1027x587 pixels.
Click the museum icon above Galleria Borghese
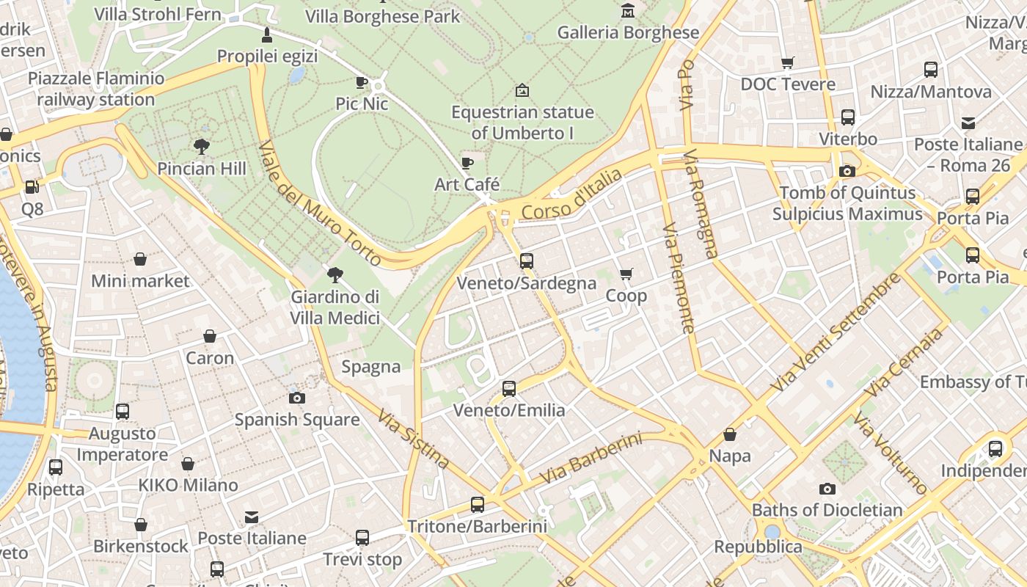(x=628, y=10)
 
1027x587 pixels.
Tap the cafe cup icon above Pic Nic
(x=361, y=82)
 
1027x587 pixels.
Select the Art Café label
(x=467, y=183)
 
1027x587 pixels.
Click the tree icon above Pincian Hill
(x=202, y=146)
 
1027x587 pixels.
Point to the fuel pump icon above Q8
(x=32, y=187)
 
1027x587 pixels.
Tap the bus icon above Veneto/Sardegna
(x=526, y=260)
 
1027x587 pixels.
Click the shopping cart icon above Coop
(x=626, y=274)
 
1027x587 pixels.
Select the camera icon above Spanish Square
(x=296, y=398)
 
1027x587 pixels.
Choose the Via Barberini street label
(x=591, y=459)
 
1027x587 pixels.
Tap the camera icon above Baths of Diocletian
(x=827, y=489)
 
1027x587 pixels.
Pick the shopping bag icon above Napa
(x=730, y=434)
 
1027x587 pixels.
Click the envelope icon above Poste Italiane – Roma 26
(x=968, y=123)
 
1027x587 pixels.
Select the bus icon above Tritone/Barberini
(x=477, y=504)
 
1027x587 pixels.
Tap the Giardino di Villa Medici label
(x=335, y=307)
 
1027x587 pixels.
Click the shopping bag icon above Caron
(x=210, y=336)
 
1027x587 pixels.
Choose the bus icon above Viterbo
(x=847, y=117)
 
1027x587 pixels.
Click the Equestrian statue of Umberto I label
(x=522, y=123)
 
